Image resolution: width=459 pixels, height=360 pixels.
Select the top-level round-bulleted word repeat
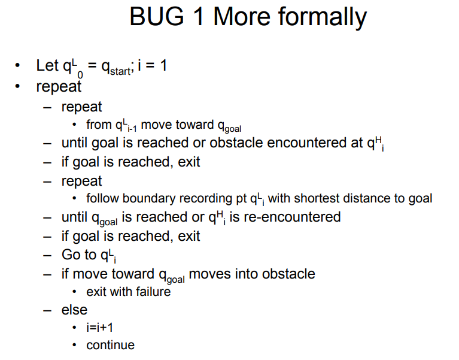(x=59, y=86)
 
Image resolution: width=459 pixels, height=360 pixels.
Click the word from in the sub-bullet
(x=98, y=125)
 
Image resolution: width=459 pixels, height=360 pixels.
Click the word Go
(x=71, y=255)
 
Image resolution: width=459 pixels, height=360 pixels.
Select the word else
(x=74, y=310)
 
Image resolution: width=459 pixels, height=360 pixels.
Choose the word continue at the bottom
(x=110, y=345)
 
